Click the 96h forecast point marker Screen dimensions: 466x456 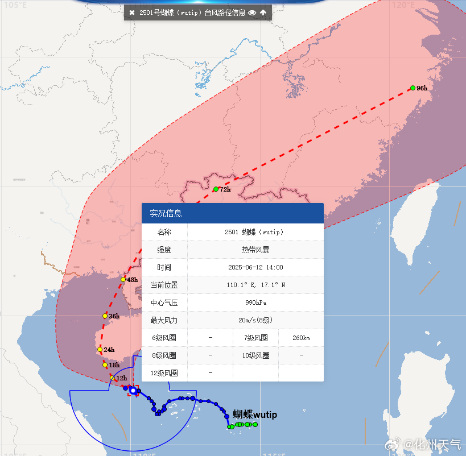(x=413, y=88)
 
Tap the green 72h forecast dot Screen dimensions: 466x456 (x=216, y=189)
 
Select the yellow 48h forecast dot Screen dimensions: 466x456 (x=123, y=280)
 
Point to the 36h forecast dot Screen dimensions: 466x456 (x=105, y=316)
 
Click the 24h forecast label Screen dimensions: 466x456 (x=109, y=350)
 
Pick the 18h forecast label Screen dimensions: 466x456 (x=114, y=365)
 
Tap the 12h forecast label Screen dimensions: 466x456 (x=121, y=378)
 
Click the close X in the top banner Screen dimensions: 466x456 (x=132, y=13)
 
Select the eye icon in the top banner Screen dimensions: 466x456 (x=252, y=13)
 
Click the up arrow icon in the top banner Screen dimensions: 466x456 (x=263, y=13)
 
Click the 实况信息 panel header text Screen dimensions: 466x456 (x=166, y=214)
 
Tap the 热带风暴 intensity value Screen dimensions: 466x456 (x=254, y=250)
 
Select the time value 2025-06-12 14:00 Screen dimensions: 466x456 (x=254, y=267)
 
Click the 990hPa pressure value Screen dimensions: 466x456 (x=254, y=302)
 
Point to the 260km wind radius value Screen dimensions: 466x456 (x=301, y=338)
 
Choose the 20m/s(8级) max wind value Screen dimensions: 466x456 (x=254, y=320)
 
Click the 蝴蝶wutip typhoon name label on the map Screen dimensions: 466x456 (x=255, y=414)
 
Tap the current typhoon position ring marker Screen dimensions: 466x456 (x=133, y=390)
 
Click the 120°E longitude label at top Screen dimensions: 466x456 (x=403, y=5)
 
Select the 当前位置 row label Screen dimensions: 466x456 (x=164, y=285)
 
